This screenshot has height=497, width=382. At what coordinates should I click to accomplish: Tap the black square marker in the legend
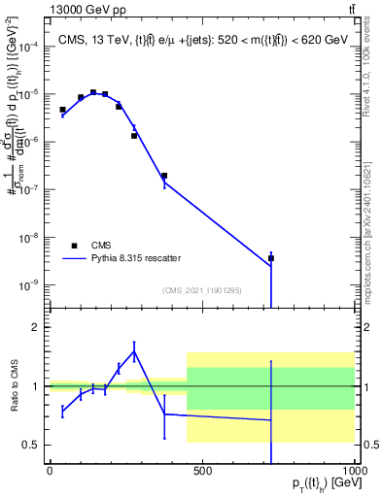point(74,245)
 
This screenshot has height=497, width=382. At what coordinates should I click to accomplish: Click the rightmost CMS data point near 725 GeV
point(271,258)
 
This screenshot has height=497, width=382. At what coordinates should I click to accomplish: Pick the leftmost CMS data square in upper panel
point(62,110)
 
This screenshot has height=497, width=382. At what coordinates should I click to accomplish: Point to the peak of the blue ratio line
point(134,350)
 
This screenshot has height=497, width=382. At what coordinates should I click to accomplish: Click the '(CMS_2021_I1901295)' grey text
point(202,290)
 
